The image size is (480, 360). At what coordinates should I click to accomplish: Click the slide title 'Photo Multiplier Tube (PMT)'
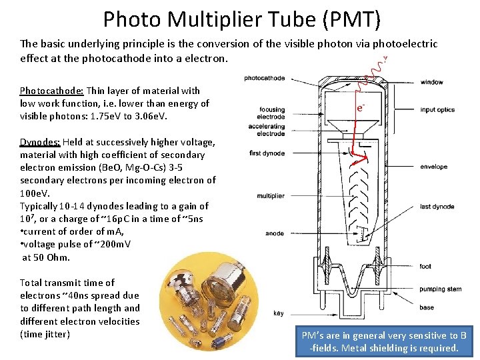click(x=241, y=19)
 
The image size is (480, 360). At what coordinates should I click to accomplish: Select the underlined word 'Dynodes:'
click(x=40, y=142)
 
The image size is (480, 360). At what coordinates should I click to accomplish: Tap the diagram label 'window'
click(x=431, y=83)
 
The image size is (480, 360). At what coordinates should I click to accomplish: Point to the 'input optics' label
click(x=437, y=109)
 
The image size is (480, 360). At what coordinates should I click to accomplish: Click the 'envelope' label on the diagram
click(x=434, y=167)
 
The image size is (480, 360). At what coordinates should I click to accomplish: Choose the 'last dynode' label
click(x=437, y=207)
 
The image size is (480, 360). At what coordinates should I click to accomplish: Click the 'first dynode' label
click(x=267, y=153)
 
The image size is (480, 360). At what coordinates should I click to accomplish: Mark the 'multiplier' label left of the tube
click(x=270, y=196)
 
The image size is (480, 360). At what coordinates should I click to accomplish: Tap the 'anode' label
click(x=275, y=233)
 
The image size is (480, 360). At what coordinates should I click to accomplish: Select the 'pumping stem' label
click(x=439, y=289)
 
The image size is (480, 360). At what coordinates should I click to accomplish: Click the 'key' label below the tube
click(x=278, y=313)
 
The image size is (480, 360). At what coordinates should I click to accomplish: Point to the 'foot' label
click(x=425, y=267)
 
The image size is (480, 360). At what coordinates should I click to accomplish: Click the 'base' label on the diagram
click(x=427, y=307)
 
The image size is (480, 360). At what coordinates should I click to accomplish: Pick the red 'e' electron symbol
click(x=359, y=107)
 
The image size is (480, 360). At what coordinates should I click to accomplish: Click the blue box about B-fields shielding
click(x=383, y=342)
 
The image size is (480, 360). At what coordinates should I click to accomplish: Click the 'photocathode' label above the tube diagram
click(x=265, y=78)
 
